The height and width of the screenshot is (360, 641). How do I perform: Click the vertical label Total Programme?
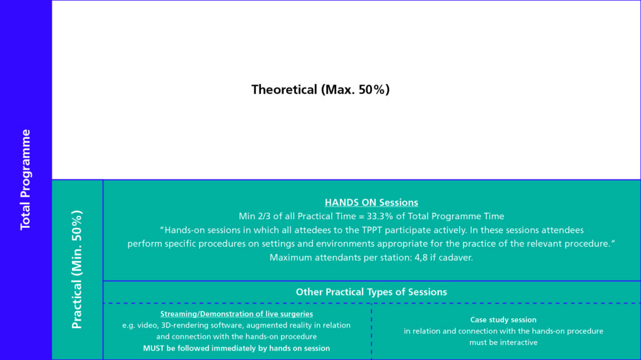pos(25,180)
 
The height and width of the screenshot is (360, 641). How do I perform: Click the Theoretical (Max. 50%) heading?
pos(320,90)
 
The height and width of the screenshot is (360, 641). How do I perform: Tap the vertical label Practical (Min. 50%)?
pos(77,270)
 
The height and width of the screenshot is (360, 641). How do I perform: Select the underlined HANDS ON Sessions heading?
pos(371,202)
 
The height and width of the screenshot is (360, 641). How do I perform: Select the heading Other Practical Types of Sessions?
pos(371,292)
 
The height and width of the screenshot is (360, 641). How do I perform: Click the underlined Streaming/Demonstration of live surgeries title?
pos(236,314)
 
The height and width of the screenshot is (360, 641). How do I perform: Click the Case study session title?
pos(503,319)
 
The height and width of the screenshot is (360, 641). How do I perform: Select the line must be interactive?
pos(503,342)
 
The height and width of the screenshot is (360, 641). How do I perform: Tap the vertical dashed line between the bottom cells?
pos(371,331)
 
